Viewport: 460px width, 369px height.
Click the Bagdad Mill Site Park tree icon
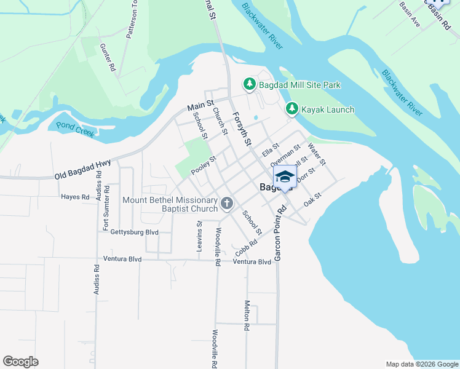(x=249, y=84)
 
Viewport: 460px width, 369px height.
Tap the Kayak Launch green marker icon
(x=292, y=109)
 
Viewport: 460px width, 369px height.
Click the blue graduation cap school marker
(x=285, y=178)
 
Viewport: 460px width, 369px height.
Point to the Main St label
(x=200, y=106)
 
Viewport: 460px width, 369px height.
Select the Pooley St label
(x=204, y=165)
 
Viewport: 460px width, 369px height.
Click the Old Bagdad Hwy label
(x=82, y=169)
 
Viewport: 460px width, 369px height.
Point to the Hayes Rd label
(x=75, y=197)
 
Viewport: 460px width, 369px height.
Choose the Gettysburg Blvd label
(x=134, y=232)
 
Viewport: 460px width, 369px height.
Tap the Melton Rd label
(x=247, y=316)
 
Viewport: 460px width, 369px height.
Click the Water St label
(x=316, y=153)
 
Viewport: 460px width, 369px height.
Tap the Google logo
(x=20, y=362)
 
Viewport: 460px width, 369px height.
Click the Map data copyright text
(x=421, y=364)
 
